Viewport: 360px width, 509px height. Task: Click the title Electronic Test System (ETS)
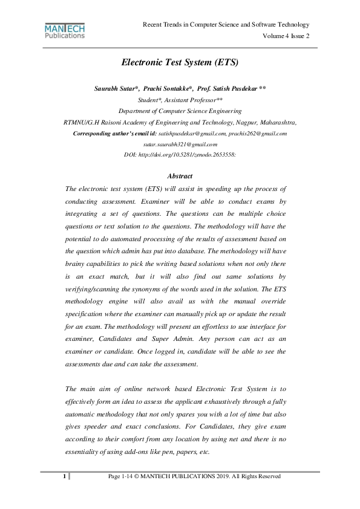(x=180, y=62)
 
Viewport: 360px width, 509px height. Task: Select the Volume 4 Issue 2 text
(x=286, y=36)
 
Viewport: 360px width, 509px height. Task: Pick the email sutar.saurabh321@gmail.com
(x=180, y=144)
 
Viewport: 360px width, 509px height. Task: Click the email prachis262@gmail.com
(x=258, y=133)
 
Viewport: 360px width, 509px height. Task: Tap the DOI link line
(x=180, y=155)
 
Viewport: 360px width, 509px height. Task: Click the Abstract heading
(x=180, y=176)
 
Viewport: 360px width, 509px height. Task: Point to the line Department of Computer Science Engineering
(x=180, y=111)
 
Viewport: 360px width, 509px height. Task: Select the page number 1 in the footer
(x=64, y=477)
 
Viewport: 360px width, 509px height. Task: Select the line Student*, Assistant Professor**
(x=180, y=100)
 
